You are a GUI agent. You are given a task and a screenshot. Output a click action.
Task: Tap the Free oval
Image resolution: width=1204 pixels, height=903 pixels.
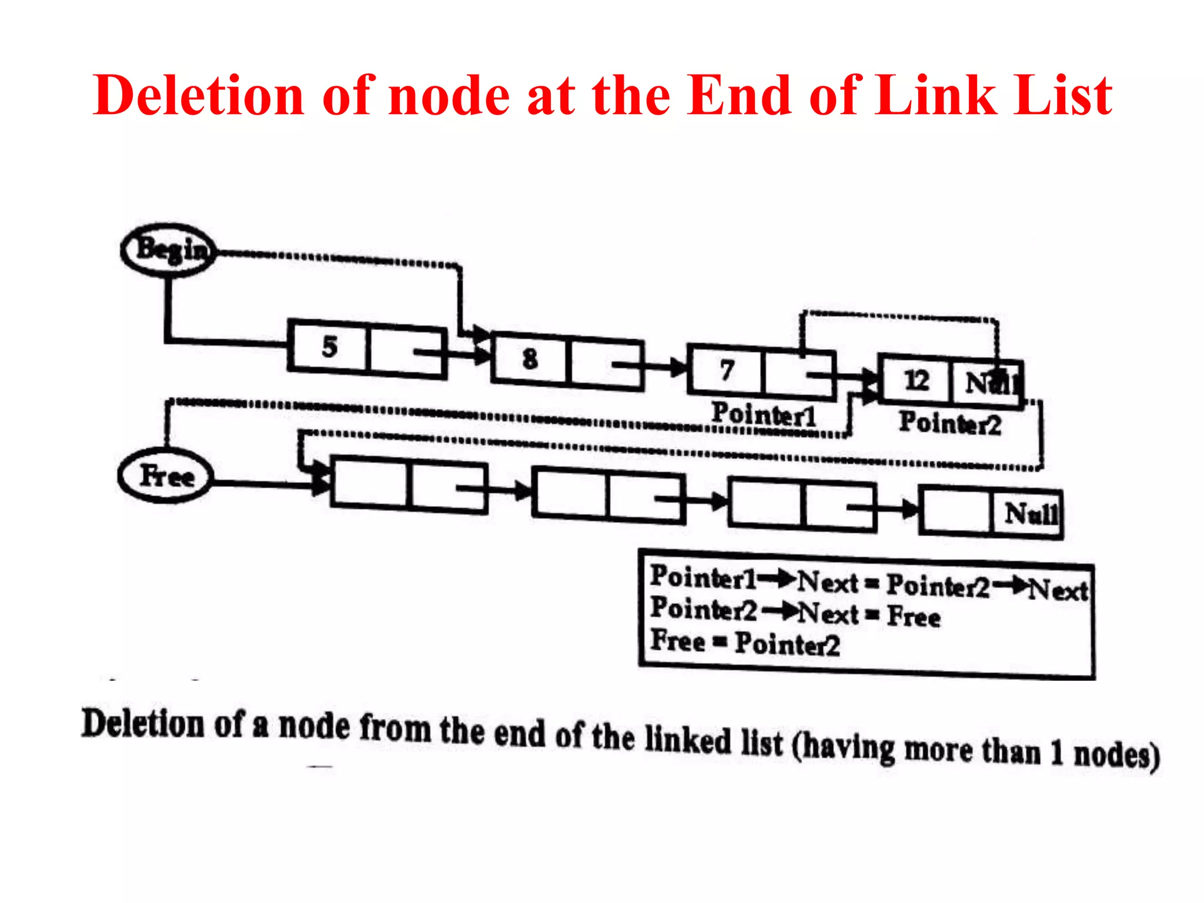pos(166,476)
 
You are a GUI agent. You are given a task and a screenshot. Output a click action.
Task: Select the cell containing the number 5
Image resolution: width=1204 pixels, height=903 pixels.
pos(329,346)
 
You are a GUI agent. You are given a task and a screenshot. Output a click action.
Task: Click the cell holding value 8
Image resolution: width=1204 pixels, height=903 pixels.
pos(530,359)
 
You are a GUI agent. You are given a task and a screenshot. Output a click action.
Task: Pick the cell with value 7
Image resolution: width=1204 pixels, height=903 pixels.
pos(727,370)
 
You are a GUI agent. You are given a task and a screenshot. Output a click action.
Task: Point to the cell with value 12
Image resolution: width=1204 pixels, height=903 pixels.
pos(915,380)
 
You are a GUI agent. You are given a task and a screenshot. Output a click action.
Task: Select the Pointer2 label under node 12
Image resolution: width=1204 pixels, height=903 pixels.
pos(949,423)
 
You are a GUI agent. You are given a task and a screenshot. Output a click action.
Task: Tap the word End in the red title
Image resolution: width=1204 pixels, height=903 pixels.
pos(740,95)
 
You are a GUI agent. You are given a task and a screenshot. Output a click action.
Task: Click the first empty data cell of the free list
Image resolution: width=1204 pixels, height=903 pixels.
pos(369,481)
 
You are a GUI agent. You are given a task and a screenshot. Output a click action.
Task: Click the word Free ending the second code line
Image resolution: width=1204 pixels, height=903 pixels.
pos(914,616)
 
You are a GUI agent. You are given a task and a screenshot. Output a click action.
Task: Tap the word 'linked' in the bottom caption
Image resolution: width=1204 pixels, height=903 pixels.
pos(688,740)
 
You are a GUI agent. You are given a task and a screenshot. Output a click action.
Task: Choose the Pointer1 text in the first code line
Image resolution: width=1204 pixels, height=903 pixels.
pos(703,577)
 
